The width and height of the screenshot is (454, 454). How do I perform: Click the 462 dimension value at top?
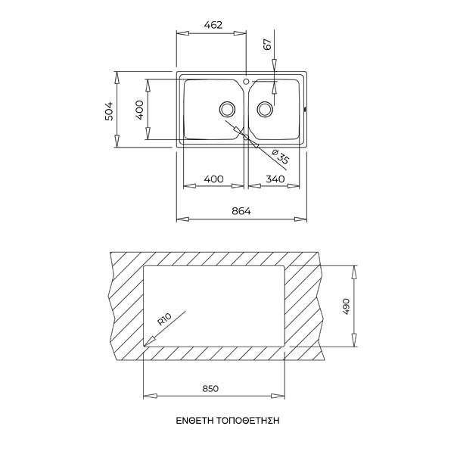click(212, 24)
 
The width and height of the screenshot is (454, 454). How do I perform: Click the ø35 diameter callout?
click(278, 158)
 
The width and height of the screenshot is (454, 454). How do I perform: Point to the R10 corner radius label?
click(165, 319)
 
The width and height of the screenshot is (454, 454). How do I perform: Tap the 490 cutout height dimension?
click(347, 306)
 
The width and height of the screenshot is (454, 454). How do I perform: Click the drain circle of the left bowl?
click(226, 107)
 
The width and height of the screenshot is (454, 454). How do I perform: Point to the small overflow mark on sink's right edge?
click(305, 110)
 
